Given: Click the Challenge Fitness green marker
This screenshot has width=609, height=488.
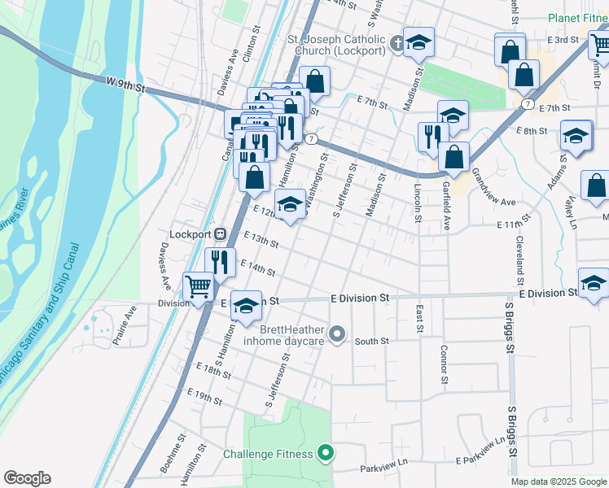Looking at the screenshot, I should coord(326,453).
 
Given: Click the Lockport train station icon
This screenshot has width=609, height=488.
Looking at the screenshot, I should coord(220,233).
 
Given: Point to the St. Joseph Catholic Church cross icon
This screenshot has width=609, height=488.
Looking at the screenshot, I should coord(397,44).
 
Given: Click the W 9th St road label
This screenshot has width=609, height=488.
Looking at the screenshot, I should coord(125,84).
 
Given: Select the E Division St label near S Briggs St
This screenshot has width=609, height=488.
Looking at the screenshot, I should coord(552,293).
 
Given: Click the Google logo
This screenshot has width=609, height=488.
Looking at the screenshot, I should coord(27,478).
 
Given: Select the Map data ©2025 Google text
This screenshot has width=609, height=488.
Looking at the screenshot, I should coord(559,481).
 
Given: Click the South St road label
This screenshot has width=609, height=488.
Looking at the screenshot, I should coord(371,342).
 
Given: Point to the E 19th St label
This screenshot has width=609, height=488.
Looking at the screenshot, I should coord(204,396).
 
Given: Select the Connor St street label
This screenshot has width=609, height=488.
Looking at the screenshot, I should coord(445,364).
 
